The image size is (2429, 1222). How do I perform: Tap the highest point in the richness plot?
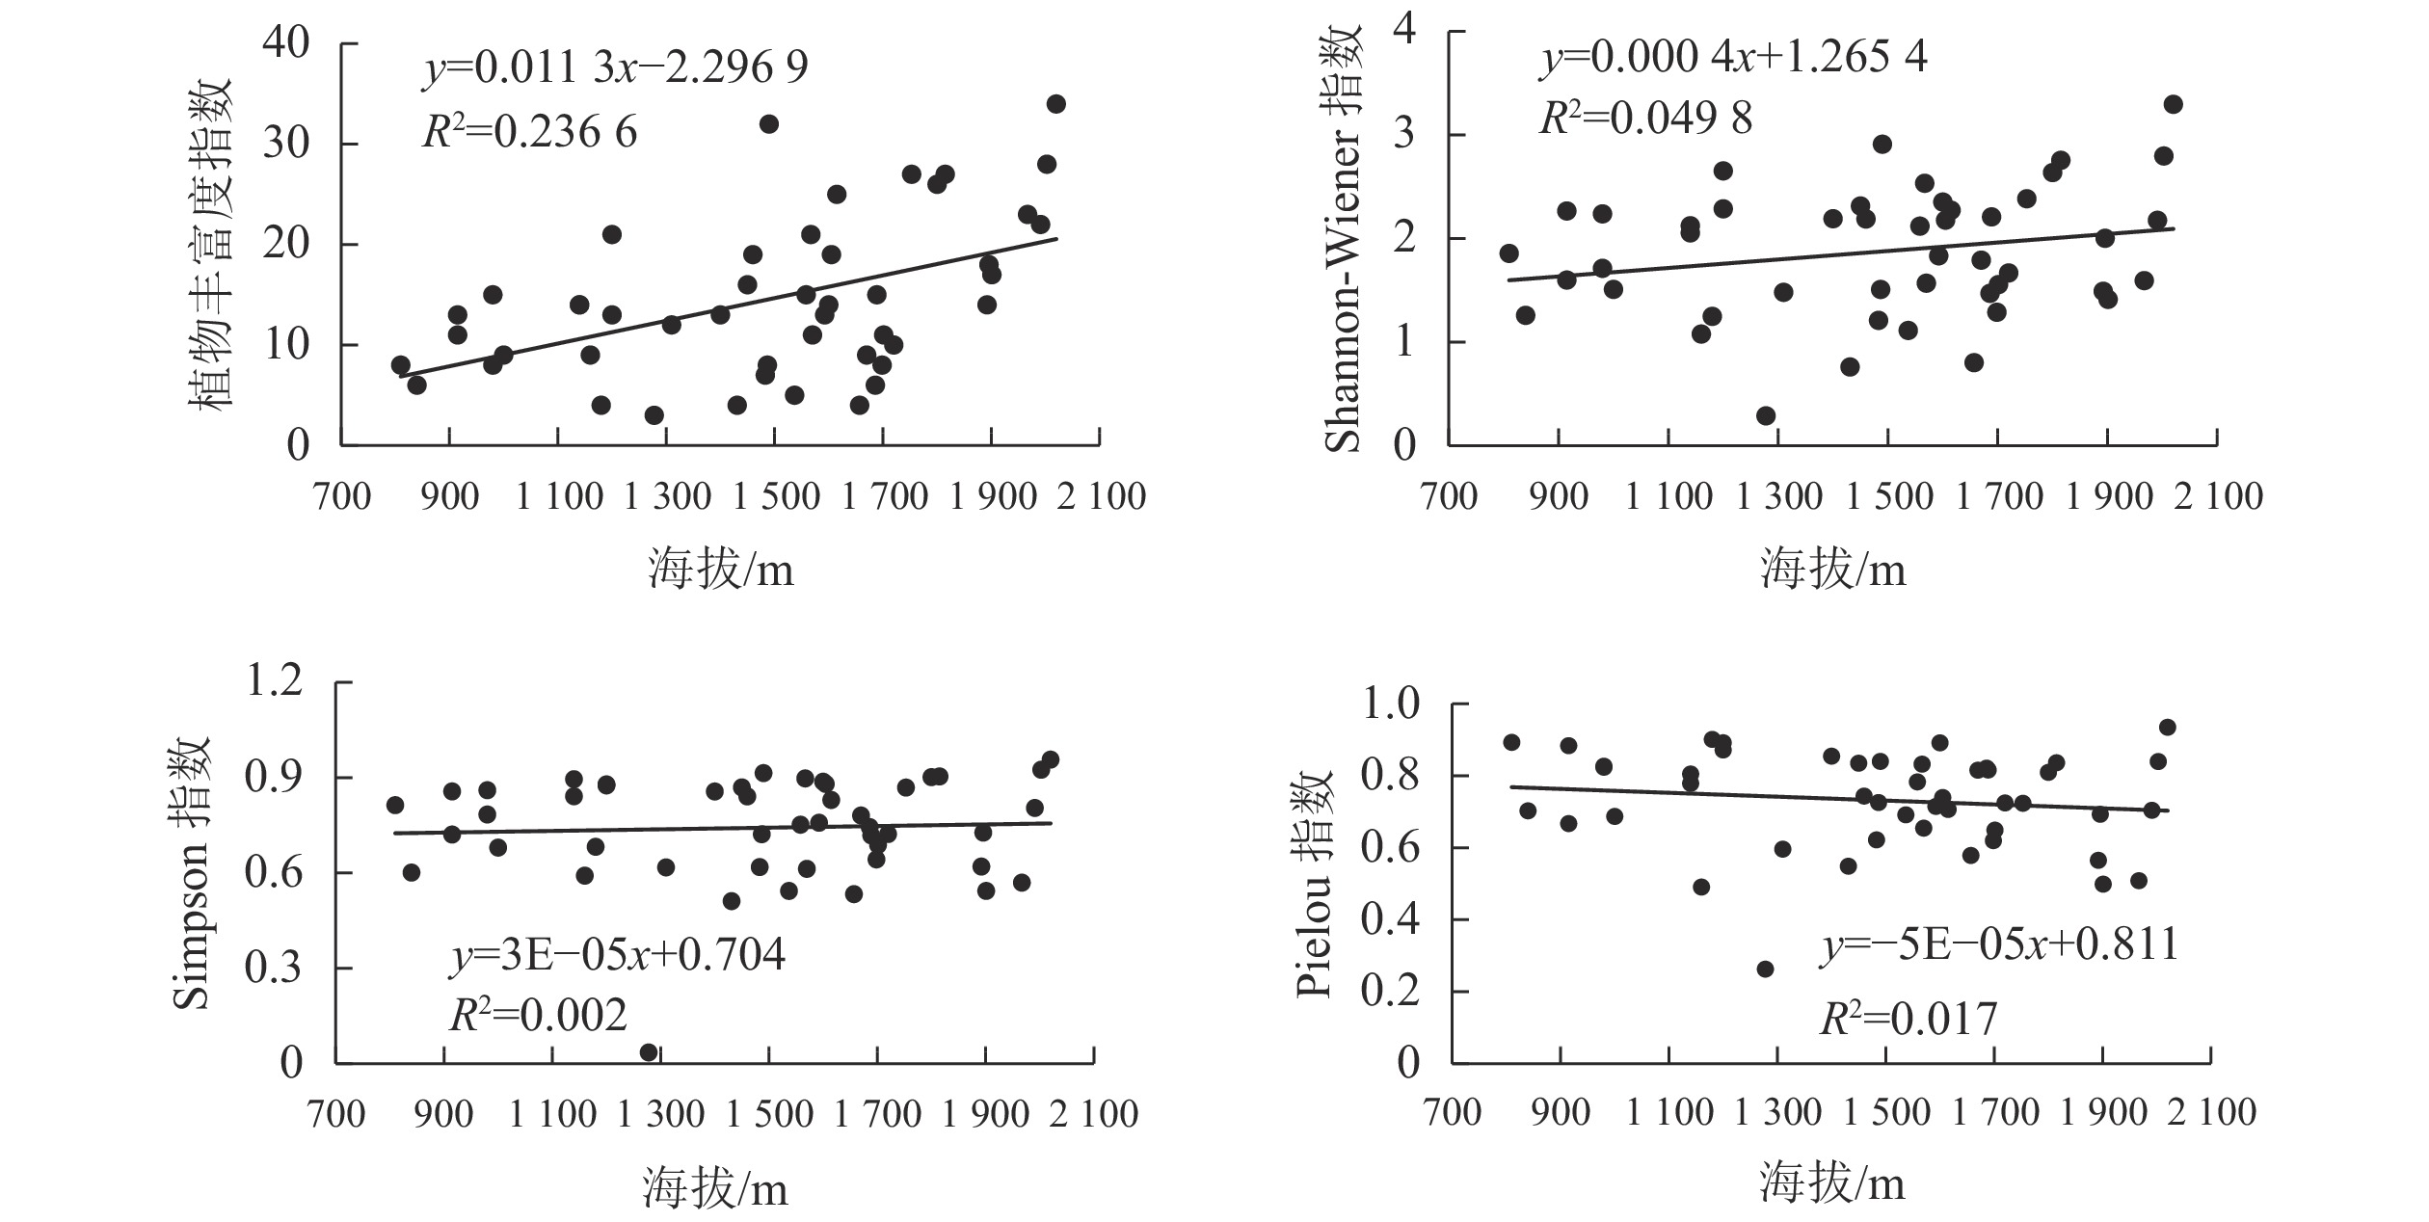pyautogui.click(x=1056, y=104)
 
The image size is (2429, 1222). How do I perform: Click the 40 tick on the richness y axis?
pyautogui.click(x=285, y=43)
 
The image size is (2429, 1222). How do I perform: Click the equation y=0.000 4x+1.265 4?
pyautogui.click(x=1732, y=58)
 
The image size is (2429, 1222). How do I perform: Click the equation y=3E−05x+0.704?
pyautogui.click(x=618, y=955)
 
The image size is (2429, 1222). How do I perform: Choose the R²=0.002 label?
pyautogui.click(x=538, y=1015)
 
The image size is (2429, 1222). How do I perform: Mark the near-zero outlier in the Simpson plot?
pyautogui.click(x=649, y=1052)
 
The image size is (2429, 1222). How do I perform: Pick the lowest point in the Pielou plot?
pyautogui.click(x=1765, y=969)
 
